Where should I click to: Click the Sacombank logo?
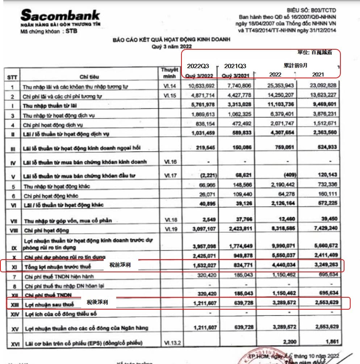[60, 15]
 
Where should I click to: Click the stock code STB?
[71, 31]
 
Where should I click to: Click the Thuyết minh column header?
[170, 73]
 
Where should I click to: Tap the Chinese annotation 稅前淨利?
[120, 265]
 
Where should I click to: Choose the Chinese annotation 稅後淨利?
[97, 302]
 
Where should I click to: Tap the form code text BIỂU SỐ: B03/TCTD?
[311, 11]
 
